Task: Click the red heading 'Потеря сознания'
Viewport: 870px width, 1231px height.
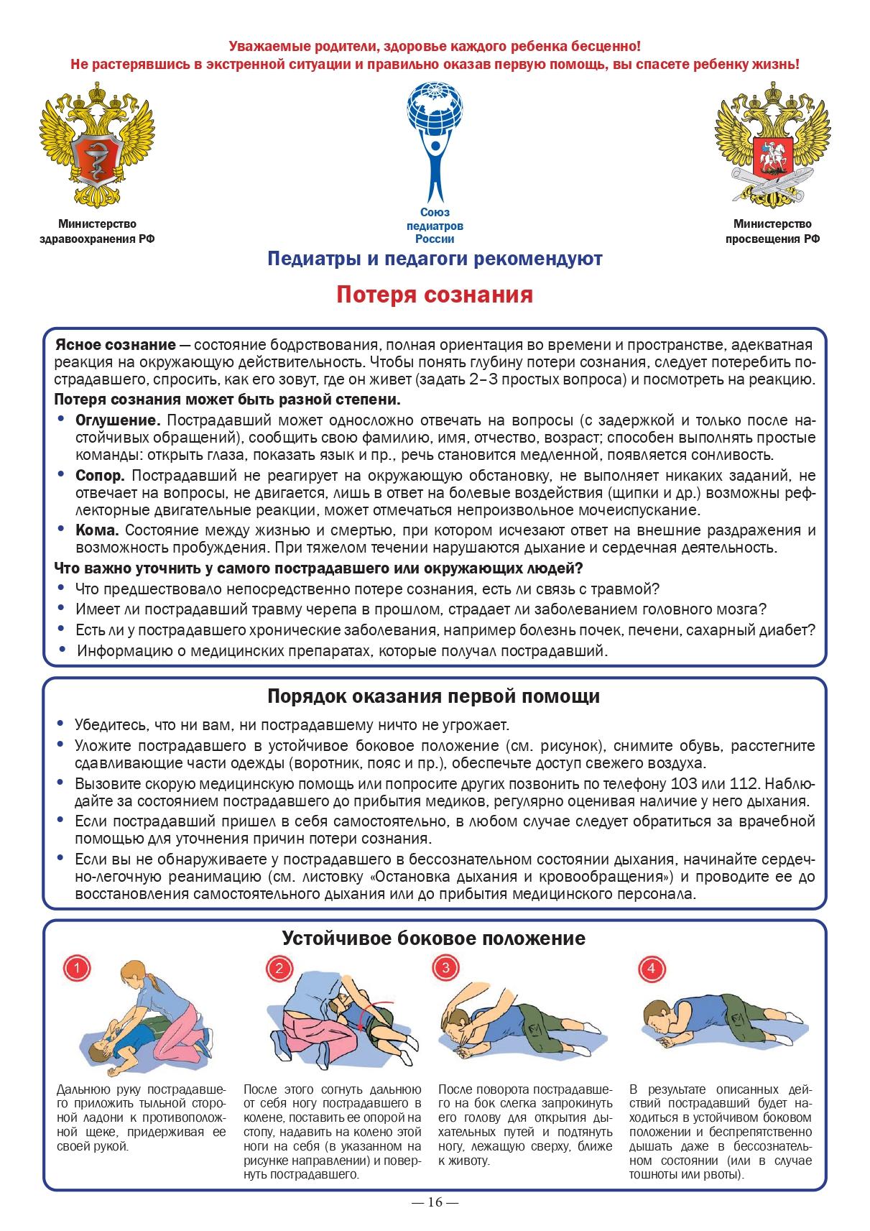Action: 435,295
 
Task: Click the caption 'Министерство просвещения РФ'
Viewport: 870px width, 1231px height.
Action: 772,232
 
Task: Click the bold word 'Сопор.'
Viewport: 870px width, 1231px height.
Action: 101,476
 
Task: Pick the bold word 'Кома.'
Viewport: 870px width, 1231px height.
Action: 97,530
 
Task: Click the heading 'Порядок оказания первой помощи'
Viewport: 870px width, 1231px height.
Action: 434,696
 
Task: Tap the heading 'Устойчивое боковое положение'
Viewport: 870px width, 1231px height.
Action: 434,938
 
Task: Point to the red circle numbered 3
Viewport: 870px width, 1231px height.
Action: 445,967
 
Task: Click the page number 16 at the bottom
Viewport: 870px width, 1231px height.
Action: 435,1203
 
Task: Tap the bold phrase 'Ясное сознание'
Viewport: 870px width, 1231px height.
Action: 116,344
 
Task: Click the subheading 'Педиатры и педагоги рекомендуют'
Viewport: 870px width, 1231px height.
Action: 434,259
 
